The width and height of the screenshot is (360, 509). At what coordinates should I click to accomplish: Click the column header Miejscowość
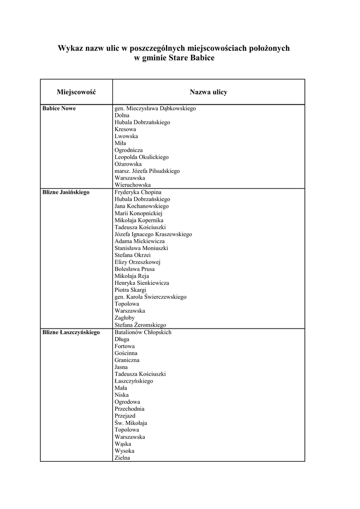coord(76,92)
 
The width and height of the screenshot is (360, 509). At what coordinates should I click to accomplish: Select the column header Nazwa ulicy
coord(208,92)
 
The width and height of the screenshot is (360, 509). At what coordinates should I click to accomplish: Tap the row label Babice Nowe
coord(59,108)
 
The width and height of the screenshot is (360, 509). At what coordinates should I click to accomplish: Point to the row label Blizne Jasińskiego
coord(66,192)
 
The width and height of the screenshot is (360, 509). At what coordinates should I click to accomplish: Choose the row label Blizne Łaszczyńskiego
coord(71,332)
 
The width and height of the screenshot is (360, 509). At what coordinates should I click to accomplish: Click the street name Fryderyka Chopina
coord(138,192)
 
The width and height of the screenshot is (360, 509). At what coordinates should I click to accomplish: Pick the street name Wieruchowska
coord(133,185)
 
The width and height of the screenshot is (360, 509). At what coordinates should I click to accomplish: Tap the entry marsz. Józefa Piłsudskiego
coord(147,171)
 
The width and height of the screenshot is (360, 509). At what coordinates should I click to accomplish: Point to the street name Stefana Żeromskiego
coord(140,325)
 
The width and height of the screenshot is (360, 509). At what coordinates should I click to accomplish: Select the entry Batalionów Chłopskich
coord(143,332)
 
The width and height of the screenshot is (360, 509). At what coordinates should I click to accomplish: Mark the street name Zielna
coord(122,458)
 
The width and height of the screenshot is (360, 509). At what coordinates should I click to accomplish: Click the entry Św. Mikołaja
coord(131,423)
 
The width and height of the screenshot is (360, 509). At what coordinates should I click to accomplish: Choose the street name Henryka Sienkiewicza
coord(142,283)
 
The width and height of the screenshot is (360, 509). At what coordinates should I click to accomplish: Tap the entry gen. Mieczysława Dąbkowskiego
coord(155,108)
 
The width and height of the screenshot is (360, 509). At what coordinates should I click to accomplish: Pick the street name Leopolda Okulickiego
coord(142,157)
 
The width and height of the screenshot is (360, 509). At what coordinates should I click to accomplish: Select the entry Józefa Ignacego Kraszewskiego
coord(153,234)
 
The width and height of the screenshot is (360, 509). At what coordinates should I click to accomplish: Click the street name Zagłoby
coord(124,318)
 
